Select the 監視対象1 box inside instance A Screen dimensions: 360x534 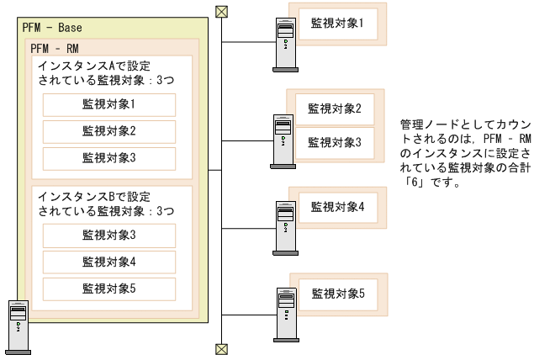[108, 105]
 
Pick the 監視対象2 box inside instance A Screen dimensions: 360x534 [108, 132]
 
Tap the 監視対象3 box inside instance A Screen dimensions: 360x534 [108, 158]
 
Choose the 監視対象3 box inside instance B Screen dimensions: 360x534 [108, 235]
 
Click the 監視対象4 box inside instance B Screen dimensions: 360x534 [108, 262]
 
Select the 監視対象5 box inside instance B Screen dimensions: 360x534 [108, 289]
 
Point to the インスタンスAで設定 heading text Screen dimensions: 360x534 [90, 65]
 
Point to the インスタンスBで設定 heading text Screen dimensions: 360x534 [90, 195]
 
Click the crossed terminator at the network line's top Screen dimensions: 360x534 [221, 12]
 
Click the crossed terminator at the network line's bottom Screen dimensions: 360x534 [221, 348]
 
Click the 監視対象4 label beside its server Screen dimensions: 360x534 [336, 206]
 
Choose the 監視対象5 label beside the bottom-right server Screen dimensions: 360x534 [337, 294]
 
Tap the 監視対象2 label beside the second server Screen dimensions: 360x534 [334, 109]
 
